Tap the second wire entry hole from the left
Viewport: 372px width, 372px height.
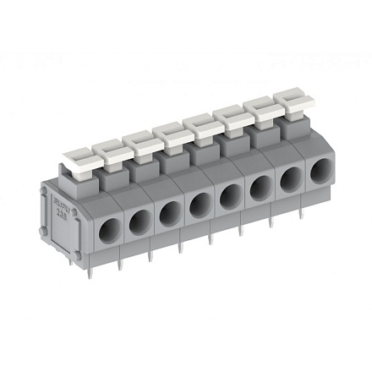click(x=138, y=222)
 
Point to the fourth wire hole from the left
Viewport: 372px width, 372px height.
click(x=200, y=205)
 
